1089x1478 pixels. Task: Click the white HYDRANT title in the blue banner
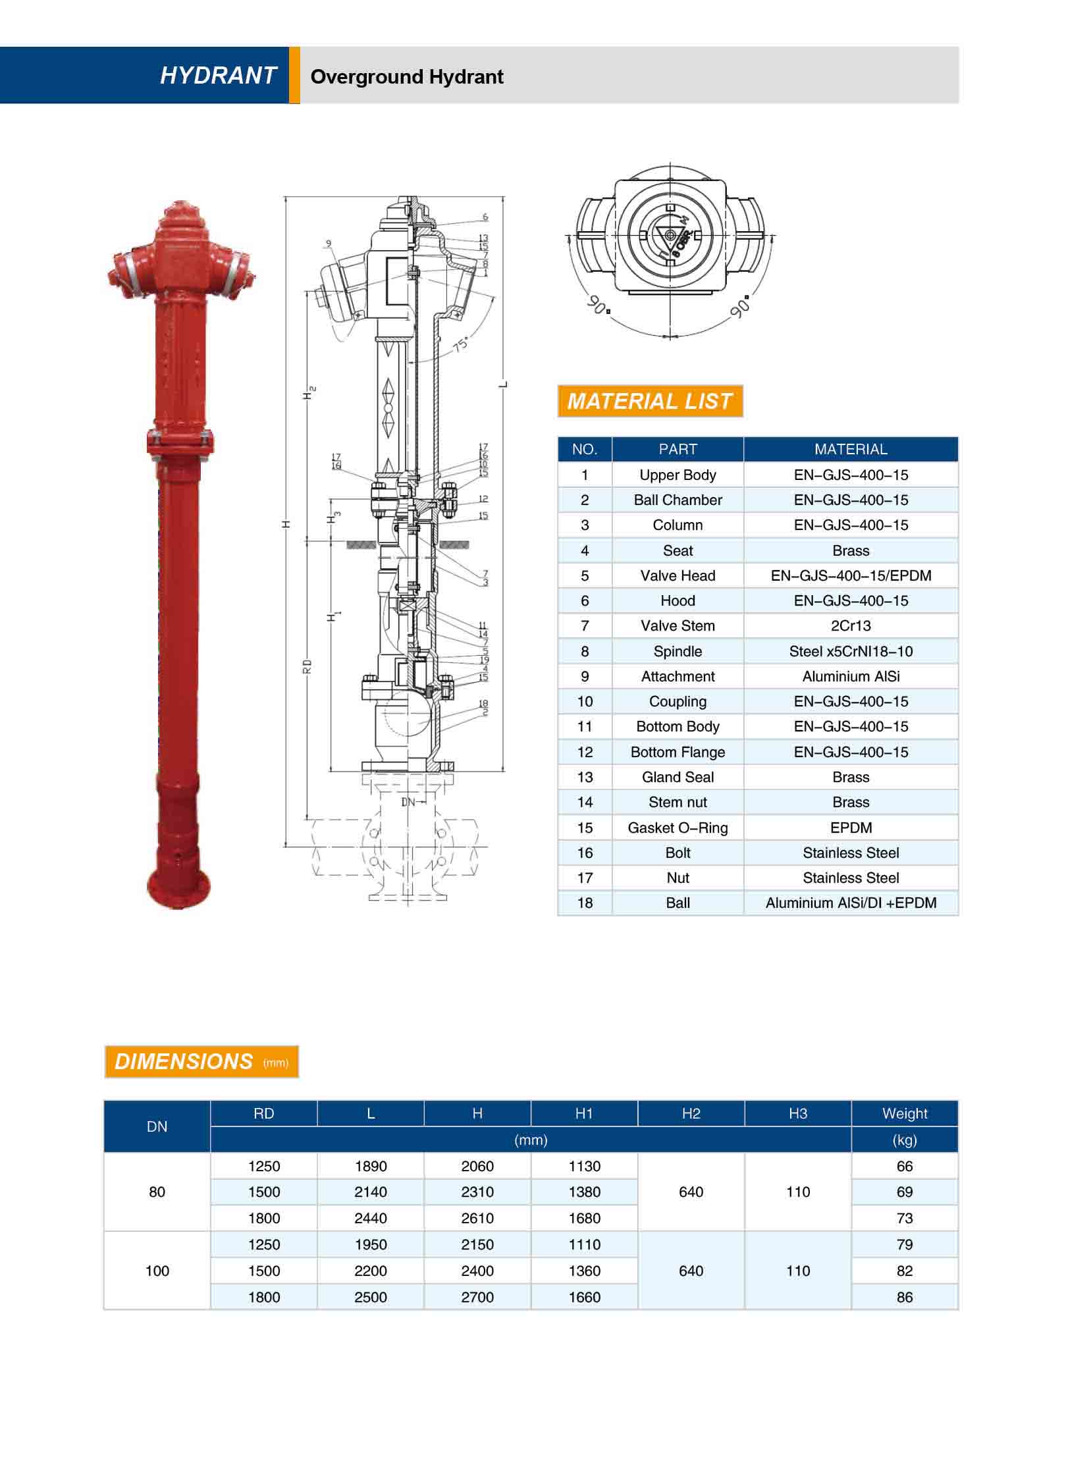[x=218, y=76]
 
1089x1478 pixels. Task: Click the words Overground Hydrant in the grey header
[x=407, y=77]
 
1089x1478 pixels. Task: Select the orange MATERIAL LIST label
[x=650, y=401]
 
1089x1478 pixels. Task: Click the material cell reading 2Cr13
[x=851, y=625]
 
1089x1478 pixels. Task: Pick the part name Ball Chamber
[x=677, y=500]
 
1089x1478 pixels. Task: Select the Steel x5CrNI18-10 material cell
[x=851, y=651]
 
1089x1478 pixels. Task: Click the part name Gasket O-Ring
[x=677, y=828]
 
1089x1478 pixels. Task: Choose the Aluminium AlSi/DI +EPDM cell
[x=851, y=903]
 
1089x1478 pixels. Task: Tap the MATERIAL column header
[x=851, y=449]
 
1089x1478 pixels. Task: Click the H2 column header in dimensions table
[x=691, y=1113]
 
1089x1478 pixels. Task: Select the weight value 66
[x=905, y=1166]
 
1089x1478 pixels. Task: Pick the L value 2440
[x=371, y=1218]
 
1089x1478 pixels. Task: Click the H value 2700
[x=477, y=1297]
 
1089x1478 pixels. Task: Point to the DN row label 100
[x=157, y=1271]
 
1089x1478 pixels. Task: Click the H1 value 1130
[x=584, y=1166]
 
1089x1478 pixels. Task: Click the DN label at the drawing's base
[x=409, y=802]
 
